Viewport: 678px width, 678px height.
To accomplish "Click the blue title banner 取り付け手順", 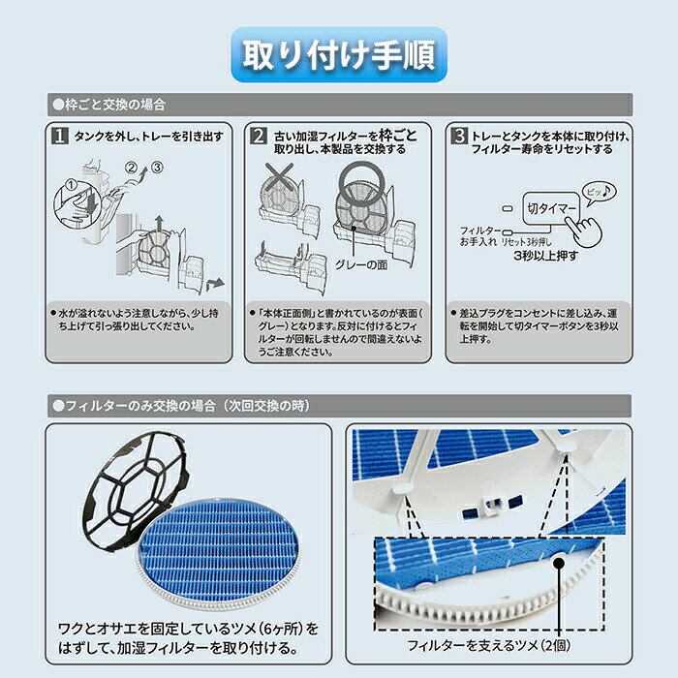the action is click(339, 54).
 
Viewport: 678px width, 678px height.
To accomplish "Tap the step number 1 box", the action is click(60, 136).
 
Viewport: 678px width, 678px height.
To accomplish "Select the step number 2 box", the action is click(259, 136).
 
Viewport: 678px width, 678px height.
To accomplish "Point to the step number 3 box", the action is click(459, 136).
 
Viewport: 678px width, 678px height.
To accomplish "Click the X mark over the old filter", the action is click(279, 176).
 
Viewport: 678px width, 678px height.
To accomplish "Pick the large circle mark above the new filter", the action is click(361, 181).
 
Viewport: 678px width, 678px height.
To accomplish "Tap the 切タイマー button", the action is click(551, 208).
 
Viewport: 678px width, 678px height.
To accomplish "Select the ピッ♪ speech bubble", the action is click(599, 192).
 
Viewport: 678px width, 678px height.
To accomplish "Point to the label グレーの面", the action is click(361, 264).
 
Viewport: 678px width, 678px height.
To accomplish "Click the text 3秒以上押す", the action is click(545, 256).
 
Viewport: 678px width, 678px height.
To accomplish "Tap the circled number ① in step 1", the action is click(71, 186).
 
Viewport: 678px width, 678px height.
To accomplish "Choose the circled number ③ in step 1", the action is click(157, 167).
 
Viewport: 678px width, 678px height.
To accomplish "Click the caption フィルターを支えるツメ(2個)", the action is click(488, 646).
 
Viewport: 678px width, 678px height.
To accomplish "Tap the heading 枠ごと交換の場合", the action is click(108, 105).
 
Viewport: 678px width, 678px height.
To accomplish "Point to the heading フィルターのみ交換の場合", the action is click(134, 406).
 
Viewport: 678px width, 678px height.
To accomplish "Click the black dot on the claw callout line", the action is click(559, 563).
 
